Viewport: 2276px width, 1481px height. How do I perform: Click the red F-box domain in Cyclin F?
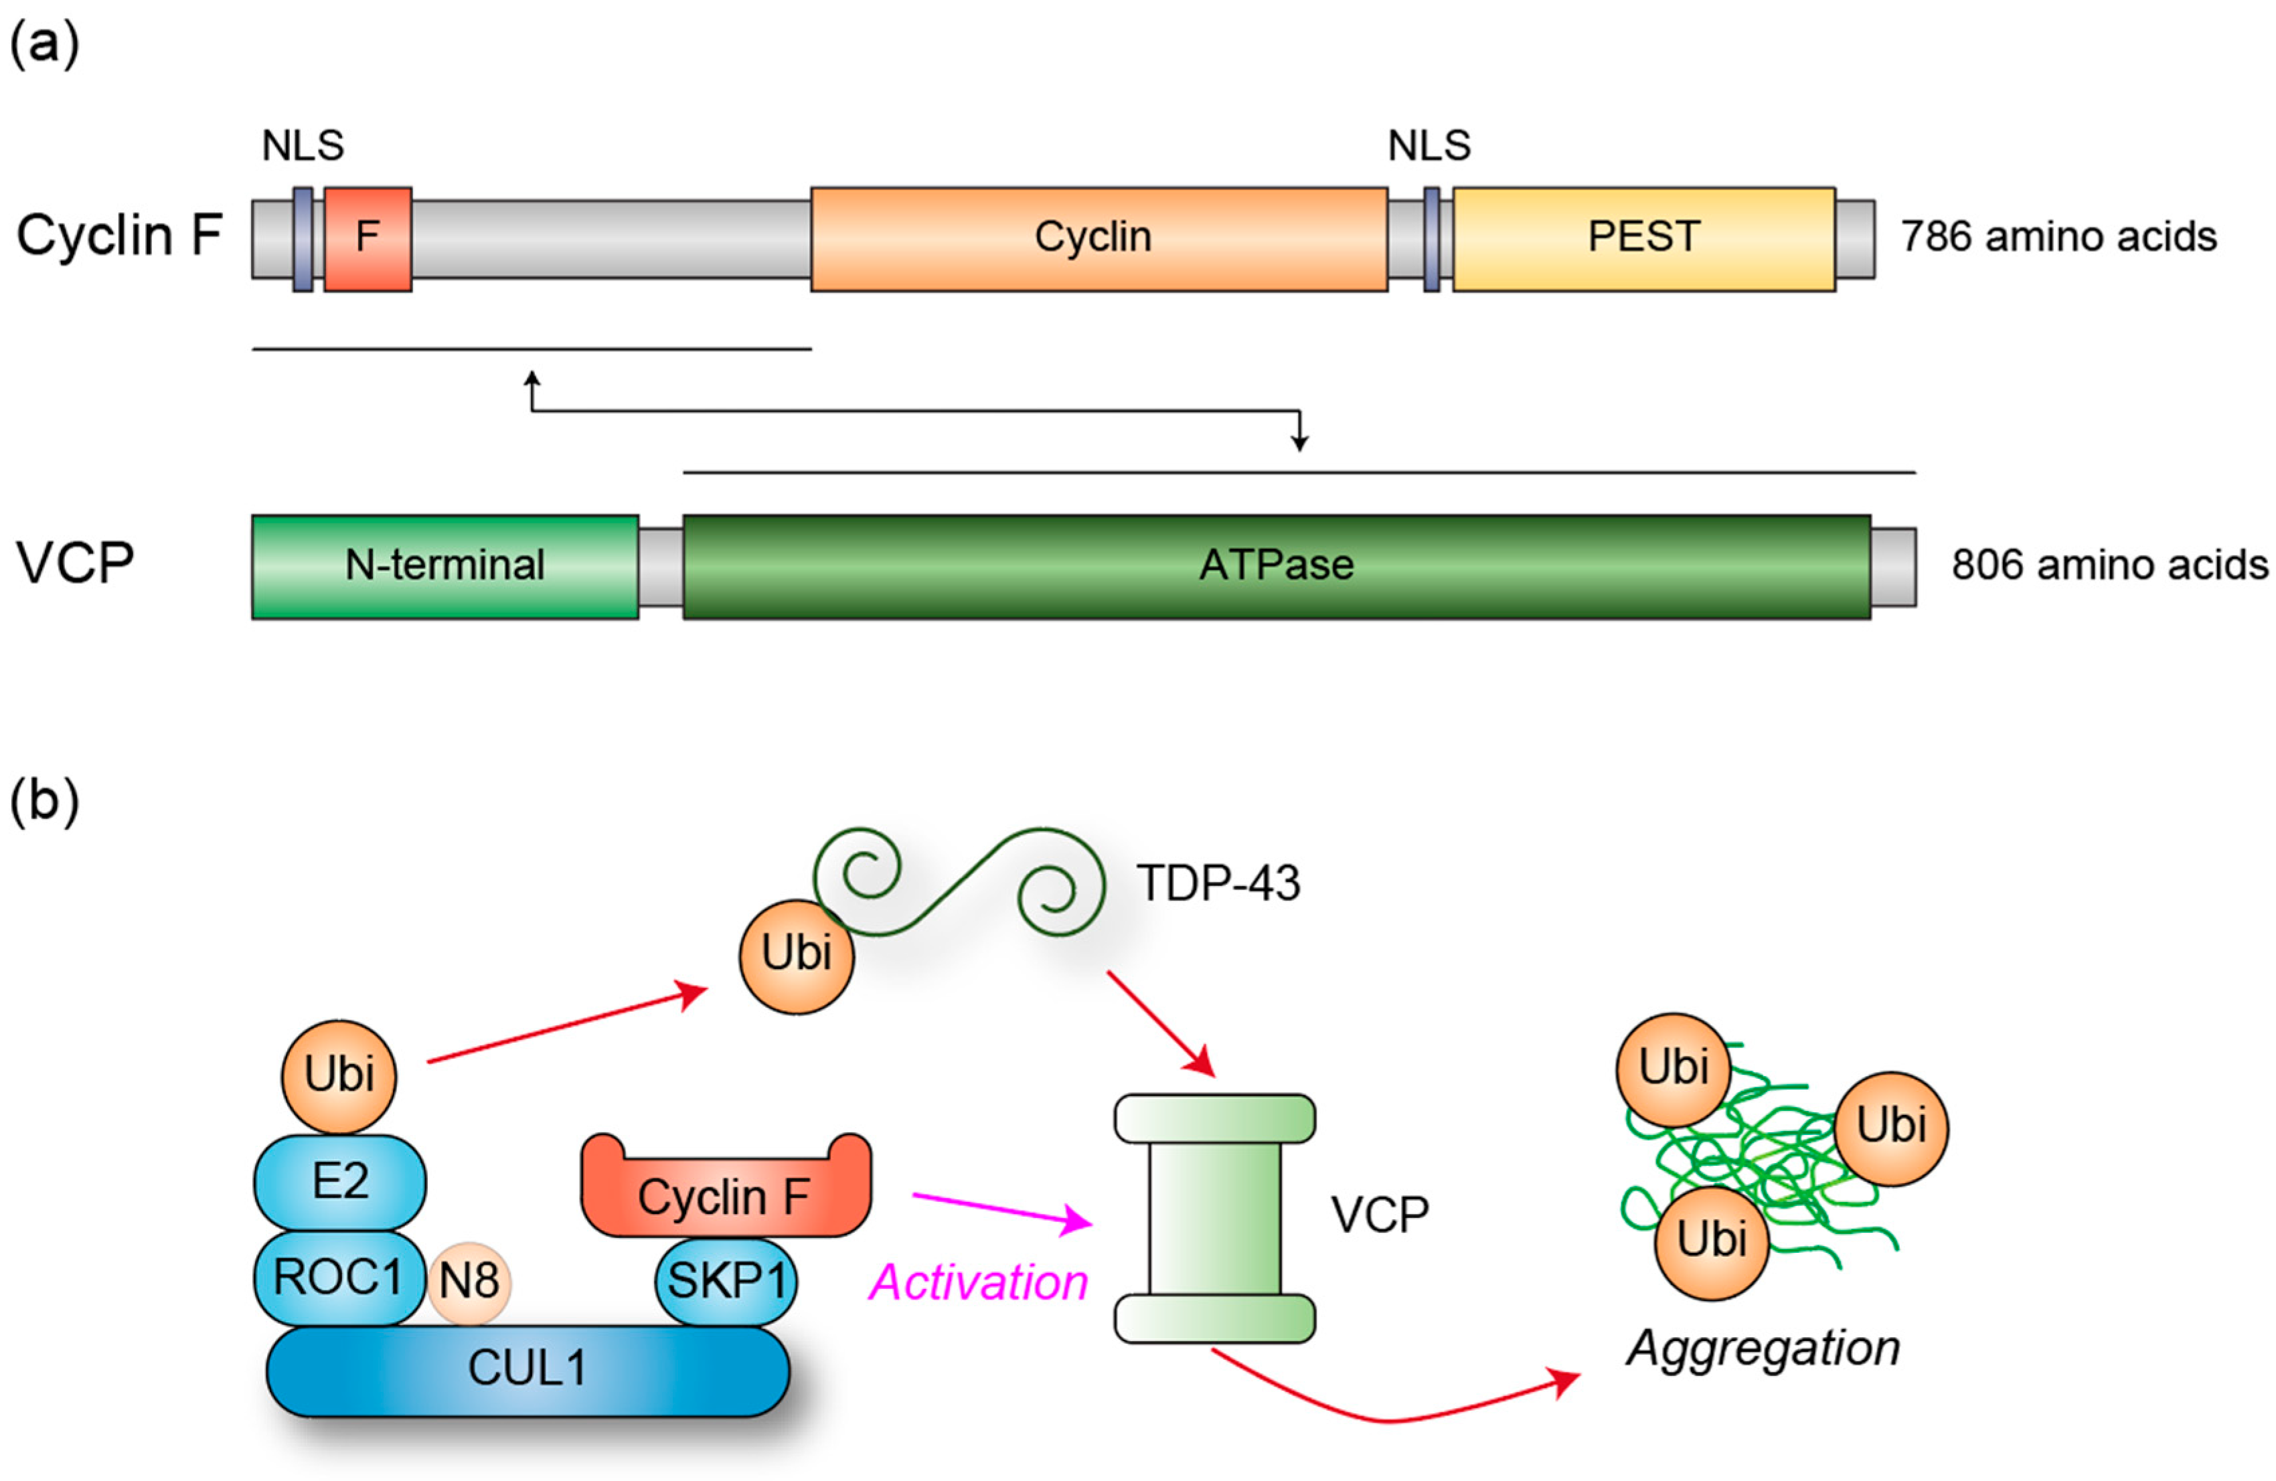tap(368, 239)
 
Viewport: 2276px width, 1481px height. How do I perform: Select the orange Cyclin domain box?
tap(1098, 239)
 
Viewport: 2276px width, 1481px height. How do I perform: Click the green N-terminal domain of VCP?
tap(444, 567)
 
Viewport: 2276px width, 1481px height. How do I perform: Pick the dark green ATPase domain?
tap(1276, 567)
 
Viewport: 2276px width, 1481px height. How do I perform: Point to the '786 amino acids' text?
tap(2058, 237)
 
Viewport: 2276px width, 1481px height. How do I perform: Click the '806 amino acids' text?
tap(2109, 565)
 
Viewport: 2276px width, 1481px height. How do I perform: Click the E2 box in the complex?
tap(339, 1182)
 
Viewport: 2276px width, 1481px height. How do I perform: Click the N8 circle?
tap(469, 1281)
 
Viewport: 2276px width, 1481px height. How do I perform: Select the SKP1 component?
tap(726, 1281)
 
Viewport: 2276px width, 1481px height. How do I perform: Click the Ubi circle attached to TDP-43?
tap(796, 955)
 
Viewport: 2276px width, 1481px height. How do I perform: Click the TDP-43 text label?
tap(1218, 883)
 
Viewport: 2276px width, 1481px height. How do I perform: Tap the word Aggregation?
tap(1763, 1348)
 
